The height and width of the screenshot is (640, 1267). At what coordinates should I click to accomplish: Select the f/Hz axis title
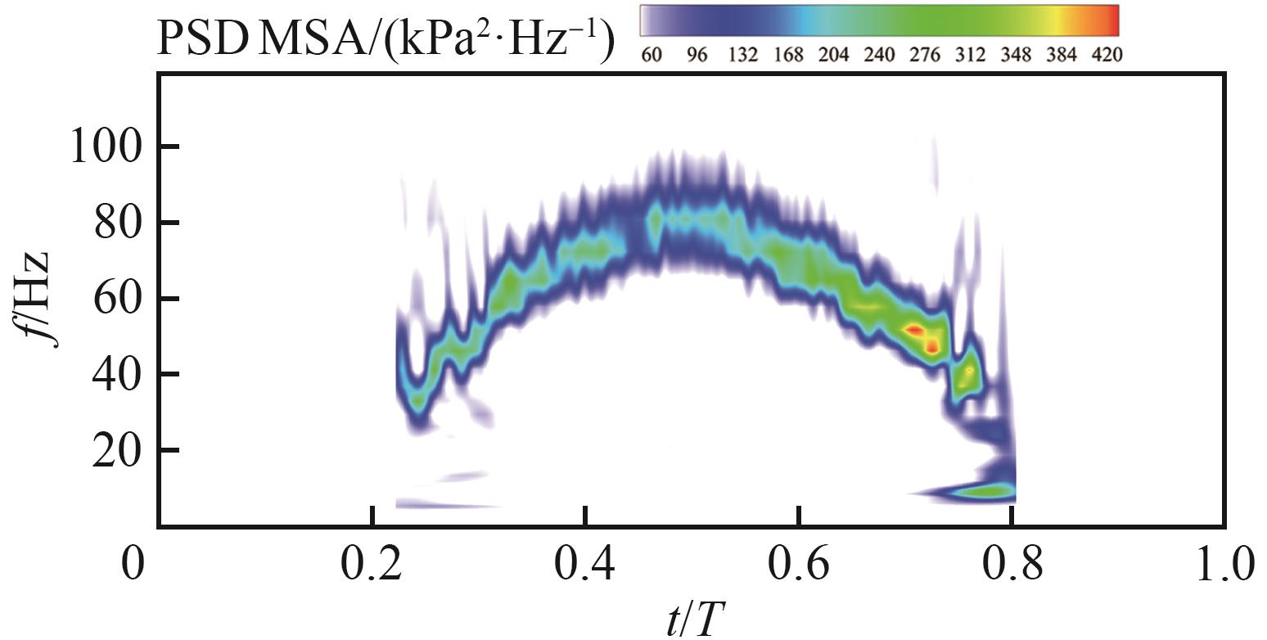tap(36, 300)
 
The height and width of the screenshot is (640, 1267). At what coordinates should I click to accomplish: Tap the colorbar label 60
tap(652, 55)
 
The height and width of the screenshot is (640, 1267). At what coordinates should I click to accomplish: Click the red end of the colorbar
tap(1109, 20)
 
